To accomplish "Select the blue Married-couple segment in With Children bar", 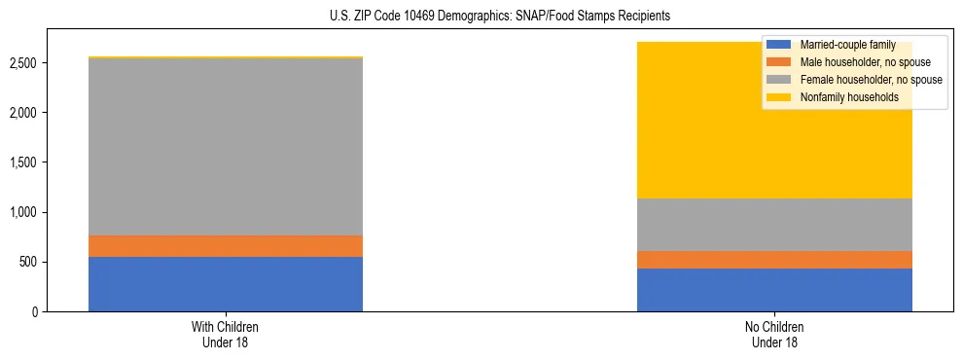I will [x=226, y=284].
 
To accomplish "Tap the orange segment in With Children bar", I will [x=226, y=246].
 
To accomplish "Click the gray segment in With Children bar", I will [x=226, y=147].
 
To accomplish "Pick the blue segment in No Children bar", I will [x=774, y=290].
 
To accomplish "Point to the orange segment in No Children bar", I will [x=774, y=260].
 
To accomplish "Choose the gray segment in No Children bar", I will [x=774, y=225].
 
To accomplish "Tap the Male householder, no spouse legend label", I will [x=853, y=62].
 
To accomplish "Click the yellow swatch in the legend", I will [x=779, y=97].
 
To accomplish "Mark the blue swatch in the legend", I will [x=779, y=45].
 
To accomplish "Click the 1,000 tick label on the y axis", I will [x=24, y=212].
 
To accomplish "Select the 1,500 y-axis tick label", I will [x=24, y=162].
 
